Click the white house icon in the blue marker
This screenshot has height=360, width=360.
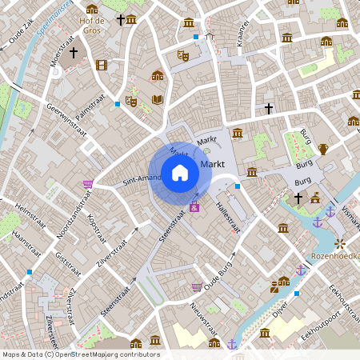pyautogui.click(x=180, y=173)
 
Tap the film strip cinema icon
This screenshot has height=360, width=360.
pyautogui.click(x=101, y=65)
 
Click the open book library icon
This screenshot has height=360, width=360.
pyautogui.click(x=158, y=99)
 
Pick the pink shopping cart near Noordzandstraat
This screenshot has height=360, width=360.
pyautogui.click(x=87, y=184)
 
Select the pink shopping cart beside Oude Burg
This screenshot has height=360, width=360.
pyautogui.click(x=196, y=287)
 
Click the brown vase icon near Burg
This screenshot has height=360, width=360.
pyautogui.click(x=323, y=149)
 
